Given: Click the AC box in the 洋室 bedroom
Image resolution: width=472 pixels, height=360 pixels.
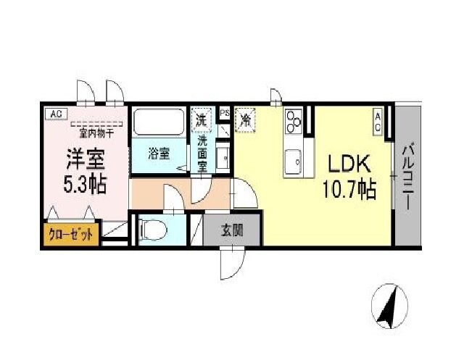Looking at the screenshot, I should click(x=55, y=113).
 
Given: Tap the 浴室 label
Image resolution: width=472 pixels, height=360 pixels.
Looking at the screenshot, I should click(x=159, y=154).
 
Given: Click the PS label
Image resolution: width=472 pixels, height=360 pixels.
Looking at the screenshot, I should click(x=225, y=113).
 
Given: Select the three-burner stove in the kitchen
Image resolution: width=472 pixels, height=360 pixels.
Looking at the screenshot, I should click(x=294, y=122).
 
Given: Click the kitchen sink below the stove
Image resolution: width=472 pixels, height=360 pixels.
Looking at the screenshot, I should click(x=294, y=160).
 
